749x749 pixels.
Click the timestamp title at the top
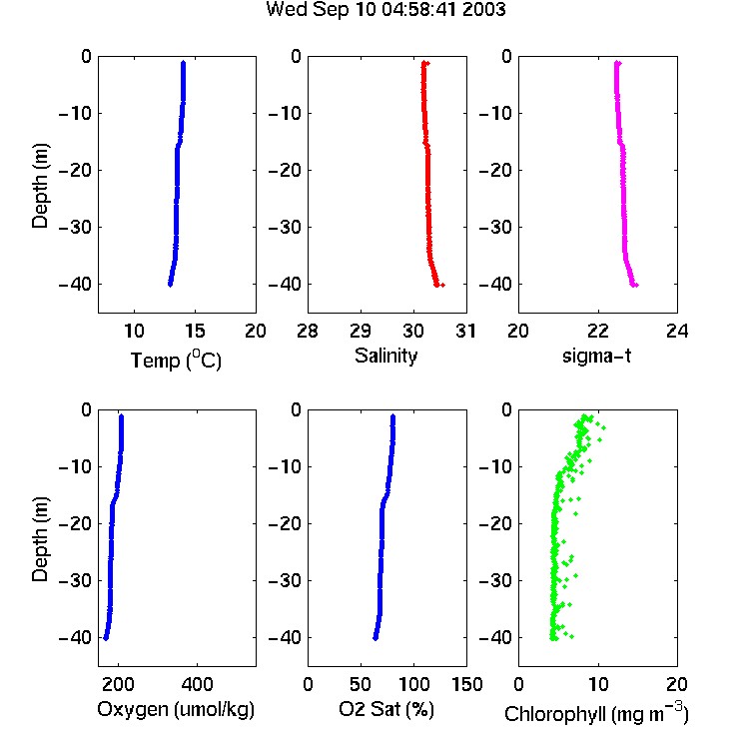[385, 10]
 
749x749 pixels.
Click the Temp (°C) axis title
[176, 360]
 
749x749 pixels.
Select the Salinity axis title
[385, 356]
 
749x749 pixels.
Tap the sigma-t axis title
[596, 356]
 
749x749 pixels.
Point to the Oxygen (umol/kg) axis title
[176, 709]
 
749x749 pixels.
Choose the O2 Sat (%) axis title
[386, 709]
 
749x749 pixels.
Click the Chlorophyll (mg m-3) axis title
[596, 712]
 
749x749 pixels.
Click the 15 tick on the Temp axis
[195, 331]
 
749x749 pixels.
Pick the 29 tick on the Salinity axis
[361, 331]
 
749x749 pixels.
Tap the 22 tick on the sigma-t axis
[597, 331]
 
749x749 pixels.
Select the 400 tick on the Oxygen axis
[197, 684]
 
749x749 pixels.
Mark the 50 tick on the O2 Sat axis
[361, 684]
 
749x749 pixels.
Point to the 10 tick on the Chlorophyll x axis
[597, 684]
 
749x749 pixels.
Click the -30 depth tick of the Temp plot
[75, 227]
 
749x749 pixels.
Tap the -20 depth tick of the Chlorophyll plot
[495, 523]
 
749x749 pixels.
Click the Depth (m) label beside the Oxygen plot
[40, 539]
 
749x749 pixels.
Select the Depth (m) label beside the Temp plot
[40, 186]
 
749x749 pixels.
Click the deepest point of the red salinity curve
[442, 286]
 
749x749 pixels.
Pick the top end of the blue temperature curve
[183, 63]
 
